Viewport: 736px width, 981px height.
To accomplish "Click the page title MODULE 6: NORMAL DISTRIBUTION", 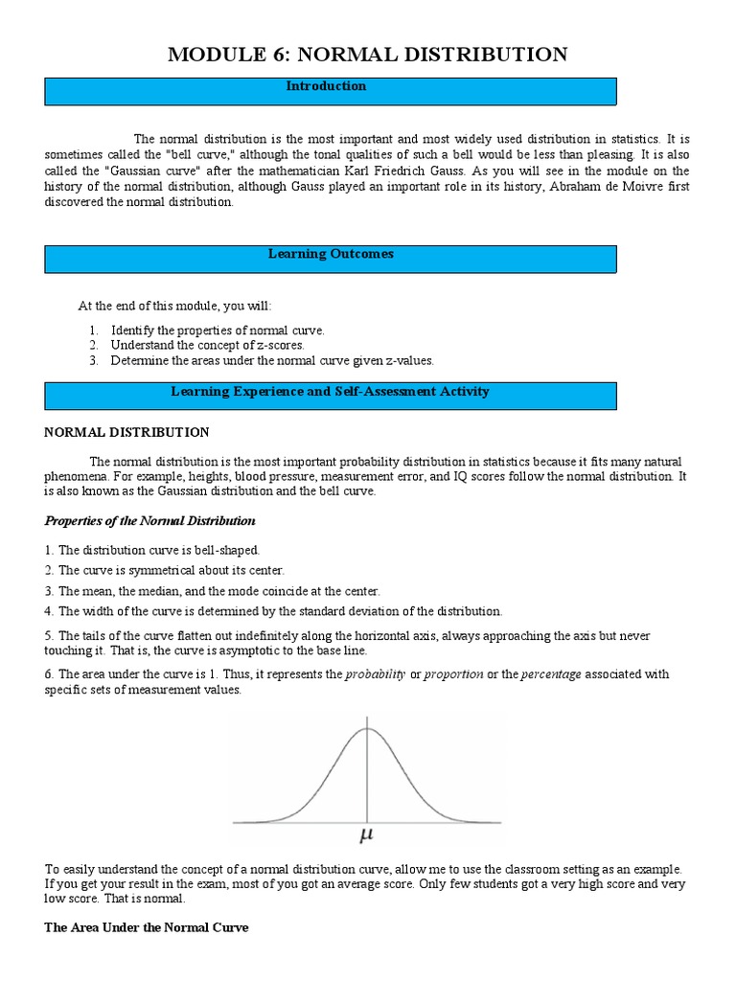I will click(367, 55).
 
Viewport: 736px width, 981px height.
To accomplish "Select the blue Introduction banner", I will click(331, 91).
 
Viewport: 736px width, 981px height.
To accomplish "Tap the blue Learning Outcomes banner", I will click(331, 259).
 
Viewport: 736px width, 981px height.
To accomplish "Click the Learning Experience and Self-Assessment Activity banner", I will click(331, 396).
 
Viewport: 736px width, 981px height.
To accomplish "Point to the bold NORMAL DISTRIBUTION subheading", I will click(126, 432).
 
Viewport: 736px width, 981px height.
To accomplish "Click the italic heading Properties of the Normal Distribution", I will click(149, 521).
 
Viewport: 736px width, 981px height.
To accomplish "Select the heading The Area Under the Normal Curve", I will click(147, 927).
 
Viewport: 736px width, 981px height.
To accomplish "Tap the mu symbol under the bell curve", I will click(366, 836).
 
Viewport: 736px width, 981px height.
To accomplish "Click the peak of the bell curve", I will click(366, 729).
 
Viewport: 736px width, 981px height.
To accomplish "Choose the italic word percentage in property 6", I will click(551, 674).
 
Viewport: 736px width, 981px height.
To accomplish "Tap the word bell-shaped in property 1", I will click(226, 550).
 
